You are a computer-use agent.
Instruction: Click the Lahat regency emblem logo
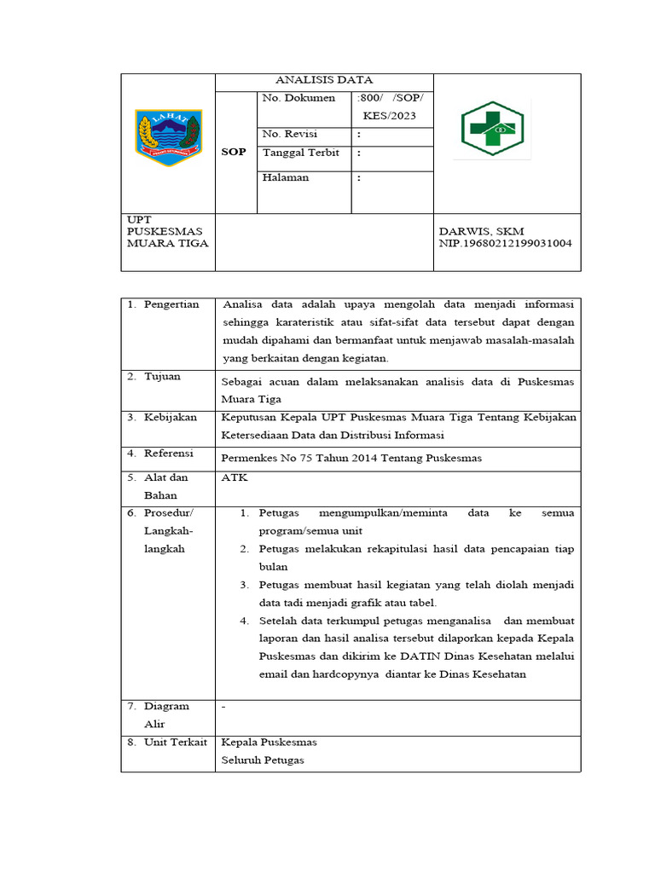pos(168,137)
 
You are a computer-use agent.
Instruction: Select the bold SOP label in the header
pos(233,152)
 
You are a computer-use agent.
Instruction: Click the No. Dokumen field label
pos(299,98)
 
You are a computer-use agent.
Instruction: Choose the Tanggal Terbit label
pos(301,153)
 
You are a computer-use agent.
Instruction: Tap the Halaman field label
pos(286,177)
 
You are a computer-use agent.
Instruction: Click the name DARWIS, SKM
pos(481,231)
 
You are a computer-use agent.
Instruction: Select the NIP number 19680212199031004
pos(506,243)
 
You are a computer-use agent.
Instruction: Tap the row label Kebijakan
pos(170,417)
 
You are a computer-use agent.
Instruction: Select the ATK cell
pos(234,477)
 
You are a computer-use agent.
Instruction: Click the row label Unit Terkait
pos(175,742)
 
